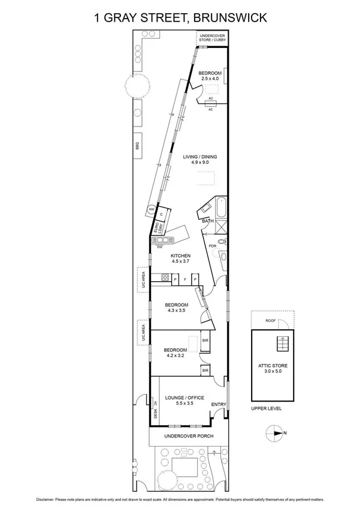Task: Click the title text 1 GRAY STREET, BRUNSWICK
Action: [179, 19]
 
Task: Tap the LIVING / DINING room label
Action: [199, 156]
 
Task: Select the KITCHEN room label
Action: [181, 255]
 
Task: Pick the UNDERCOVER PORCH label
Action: [189, 436]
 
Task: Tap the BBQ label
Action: [137, 145]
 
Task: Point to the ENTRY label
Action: [218, 405]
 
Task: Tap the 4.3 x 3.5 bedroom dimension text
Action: [177, 311]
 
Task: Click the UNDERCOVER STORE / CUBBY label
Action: [212, 37]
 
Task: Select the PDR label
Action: [212, 246]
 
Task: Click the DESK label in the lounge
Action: [155, 414]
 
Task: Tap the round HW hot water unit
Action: [152, 209]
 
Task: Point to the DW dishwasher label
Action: [160, 246]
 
